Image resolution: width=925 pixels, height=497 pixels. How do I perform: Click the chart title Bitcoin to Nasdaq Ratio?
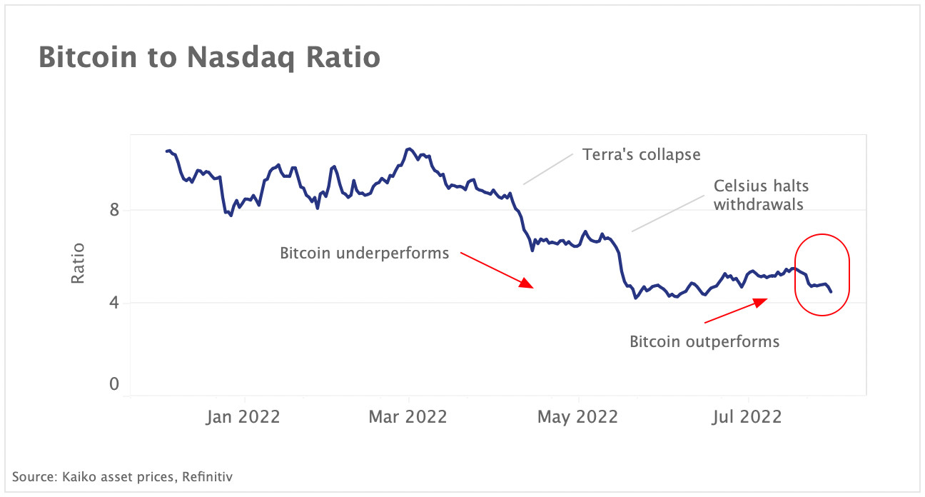pos(208,58)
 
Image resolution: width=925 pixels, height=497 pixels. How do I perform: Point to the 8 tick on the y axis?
pos(114,210)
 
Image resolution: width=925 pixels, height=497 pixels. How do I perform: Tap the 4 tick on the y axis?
pos(114,303)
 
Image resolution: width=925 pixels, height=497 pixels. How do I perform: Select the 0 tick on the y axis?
pos(114,385)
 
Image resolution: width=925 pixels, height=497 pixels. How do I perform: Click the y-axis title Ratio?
pos(78,263)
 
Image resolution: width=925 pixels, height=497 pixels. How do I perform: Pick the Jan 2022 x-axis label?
pos(244,416)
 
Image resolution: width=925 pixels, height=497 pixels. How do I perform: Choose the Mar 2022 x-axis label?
pos(408,416)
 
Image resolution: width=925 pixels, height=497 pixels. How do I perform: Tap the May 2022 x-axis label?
pos(578,416)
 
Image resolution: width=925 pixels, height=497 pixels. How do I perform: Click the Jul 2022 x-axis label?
pos(748,416)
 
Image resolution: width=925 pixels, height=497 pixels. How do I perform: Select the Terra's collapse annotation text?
pos(641,154)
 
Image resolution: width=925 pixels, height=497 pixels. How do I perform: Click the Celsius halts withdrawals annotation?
pos(761,195)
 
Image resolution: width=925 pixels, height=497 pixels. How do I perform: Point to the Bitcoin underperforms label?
pos(364,253)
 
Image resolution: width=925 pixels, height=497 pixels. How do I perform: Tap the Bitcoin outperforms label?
pos(704,341)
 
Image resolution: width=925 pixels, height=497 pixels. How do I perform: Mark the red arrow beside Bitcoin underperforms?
pos(496,269)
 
